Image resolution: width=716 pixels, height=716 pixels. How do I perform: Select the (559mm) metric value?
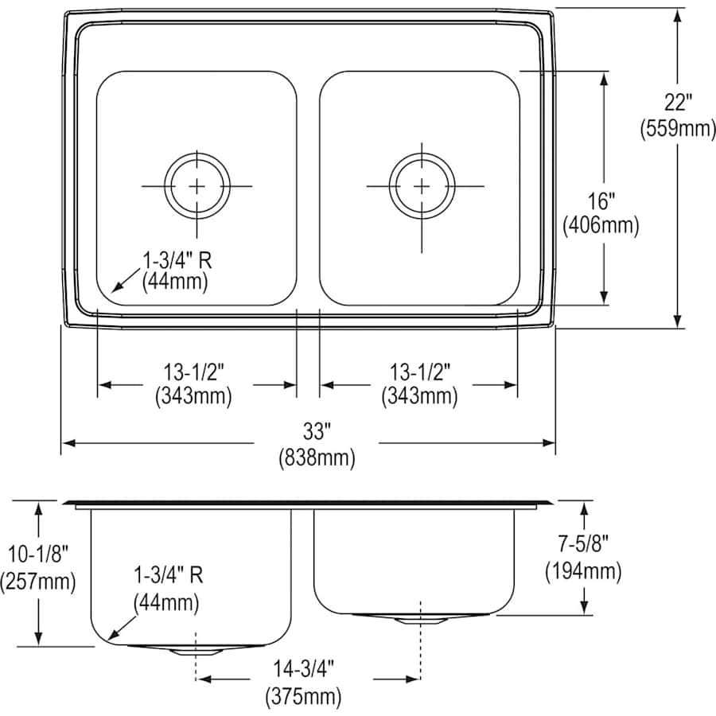(679, 128)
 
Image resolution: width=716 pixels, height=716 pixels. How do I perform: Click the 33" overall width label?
(316, 432)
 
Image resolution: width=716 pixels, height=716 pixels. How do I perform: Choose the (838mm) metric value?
(316, 457)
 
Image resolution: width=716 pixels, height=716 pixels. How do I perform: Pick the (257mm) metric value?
(38, 582)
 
